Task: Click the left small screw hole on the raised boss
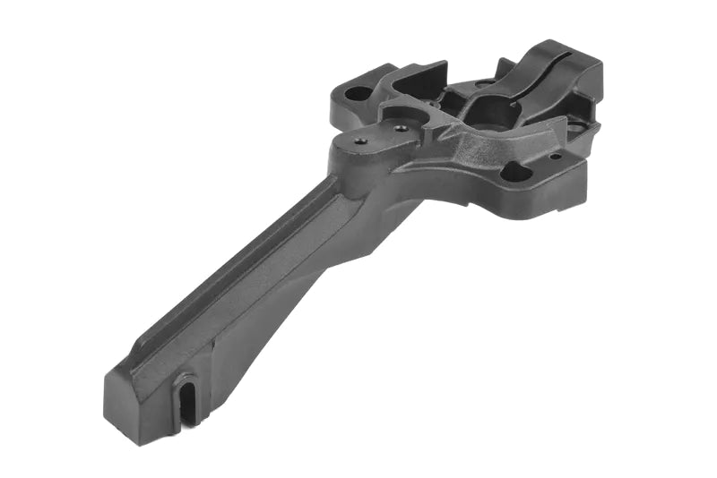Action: click(x=360, y=141)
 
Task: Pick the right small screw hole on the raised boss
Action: click(x=401, y=128)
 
